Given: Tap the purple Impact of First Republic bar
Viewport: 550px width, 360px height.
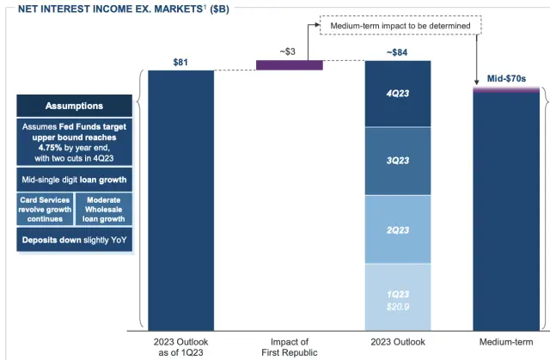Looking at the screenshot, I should (x=289, y=64).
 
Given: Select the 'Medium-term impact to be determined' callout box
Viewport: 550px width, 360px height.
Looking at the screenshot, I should (x=400, y=26).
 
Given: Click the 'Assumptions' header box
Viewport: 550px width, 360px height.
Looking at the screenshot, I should (x=74, y=106).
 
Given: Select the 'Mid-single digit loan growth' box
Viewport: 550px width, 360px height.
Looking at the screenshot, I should (x=74, y=180).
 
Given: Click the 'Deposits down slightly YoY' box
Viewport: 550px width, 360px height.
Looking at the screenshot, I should (x=74, y=238).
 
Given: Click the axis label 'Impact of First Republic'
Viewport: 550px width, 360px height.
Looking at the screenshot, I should (x=290, y=346).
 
